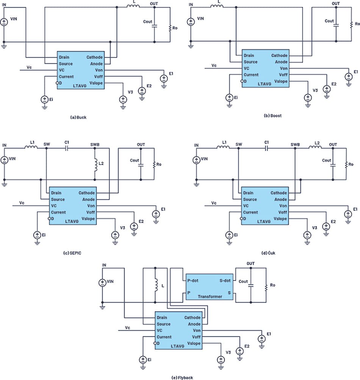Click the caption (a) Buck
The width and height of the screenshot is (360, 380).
[78, 117]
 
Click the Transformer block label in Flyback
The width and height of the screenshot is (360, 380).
[210, 297]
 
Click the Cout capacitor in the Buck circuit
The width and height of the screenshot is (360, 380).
[155, 26]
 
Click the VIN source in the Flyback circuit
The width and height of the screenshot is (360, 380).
[102, 283]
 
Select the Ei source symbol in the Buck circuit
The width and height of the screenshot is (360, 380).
[44, 100]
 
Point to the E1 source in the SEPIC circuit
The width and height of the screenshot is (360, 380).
[156, 214]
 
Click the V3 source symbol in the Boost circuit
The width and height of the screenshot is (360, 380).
[308, 97]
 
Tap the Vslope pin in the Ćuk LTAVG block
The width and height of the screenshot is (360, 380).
[280, 219]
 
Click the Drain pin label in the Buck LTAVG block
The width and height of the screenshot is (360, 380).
[64, 58]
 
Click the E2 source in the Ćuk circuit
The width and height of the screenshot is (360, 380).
[326, 227]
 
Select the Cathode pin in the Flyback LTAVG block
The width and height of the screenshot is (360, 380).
[192, 317]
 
